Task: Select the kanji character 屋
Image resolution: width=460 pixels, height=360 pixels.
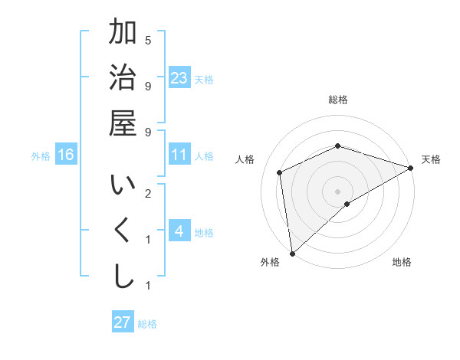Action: pos(123,123)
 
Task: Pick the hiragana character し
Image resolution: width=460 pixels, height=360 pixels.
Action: pos(123,277)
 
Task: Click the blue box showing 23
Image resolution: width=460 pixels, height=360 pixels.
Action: pos(179,77)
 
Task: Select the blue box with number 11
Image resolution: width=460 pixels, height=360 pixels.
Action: pos(179,155)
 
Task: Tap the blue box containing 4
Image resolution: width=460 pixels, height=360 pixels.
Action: pos(179,231)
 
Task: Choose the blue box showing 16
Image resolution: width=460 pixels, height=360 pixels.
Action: pos(66,155)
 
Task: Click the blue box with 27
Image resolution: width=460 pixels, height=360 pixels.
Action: pos(123,322)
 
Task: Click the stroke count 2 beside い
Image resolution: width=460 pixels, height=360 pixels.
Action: pos(148,192)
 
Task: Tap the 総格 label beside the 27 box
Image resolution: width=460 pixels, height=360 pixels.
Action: pos(147,324)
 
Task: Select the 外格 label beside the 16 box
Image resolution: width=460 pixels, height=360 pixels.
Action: pos(41,156)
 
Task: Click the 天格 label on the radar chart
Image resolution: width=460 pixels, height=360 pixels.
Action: pos(431,159)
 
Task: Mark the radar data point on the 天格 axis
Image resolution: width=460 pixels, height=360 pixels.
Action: pos(411,168)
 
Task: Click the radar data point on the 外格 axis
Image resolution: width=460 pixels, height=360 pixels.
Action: pos(292,253)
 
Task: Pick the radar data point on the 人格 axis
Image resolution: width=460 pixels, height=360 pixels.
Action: pos(280,172)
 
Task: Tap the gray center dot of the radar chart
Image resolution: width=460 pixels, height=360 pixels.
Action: pos(337,191)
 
